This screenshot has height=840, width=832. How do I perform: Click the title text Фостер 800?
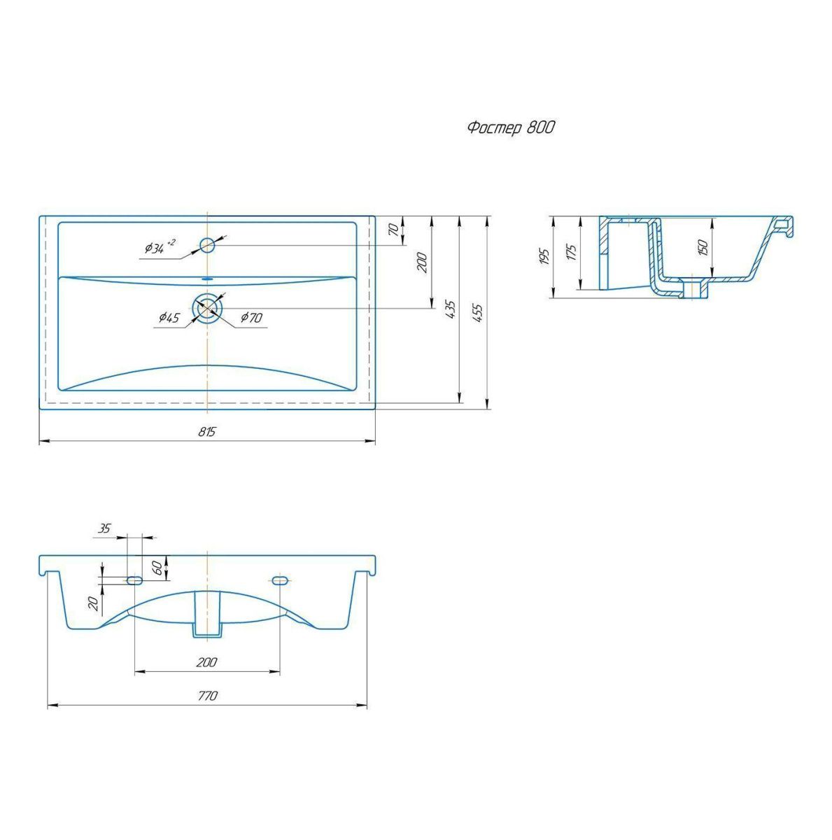click(x=511, y=127)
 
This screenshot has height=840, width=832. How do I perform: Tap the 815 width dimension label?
click(x=207, y=431)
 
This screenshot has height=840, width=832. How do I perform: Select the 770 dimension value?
click(x=207, y=695)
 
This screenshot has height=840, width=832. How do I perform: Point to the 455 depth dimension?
click(x=478, y=313)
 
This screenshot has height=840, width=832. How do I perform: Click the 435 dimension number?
click(x=451, y=309)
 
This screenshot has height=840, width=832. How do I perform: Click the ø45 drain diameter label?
click(x=169, y=317)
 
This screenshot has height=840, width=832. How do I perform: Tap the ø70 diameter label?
click(x=251, y=317)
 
